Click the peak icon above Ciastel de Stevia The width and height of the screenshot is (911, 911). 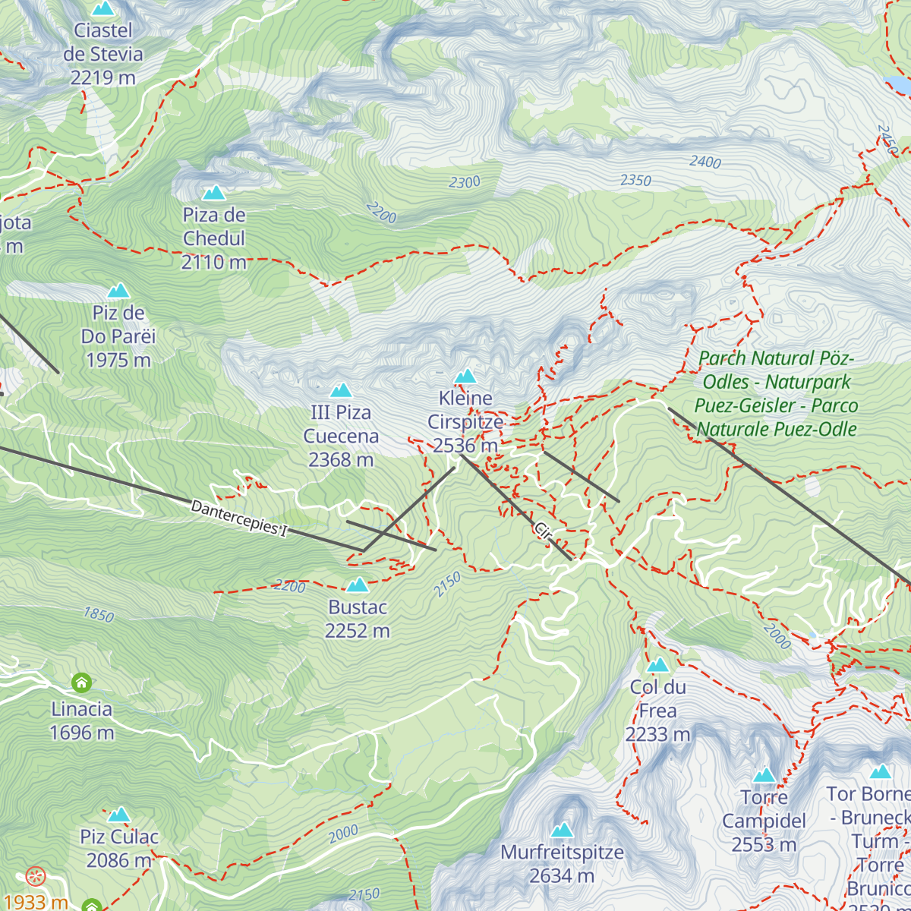(x=102, y=8)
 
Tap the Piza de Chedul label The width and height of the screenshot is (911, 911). (x=214, y=238)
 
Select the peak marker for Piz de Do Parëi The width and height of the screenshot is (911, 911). (x=118, y=291)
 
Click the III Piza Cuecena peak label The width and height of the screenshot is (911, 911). (x=341, y=436)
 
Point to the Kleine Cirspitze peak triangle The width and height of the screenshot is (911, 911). (x=465, y=376)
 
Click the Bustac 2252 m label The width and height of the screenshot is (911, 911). (x=358, y=619)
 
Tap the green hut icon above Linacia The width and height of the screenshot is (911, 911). (x=81, y=682)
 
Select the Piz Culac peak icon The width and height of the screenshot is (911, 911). (x=118, y=815)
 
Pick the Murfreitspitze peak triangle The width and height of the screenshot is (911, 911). (x=562, y=830)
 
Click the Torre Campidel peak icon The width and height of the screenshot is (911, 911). (x=764, y=775)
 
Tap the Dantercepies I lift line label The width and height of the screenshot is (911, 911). (x=239, y=519)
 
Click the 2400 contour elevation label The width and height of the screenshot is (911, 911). (x=705, y=162)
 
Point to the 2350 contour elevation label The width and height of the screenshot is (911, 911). (x=635, y=181)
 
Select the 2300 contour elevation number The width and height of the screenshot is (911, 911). (x=465, y=182)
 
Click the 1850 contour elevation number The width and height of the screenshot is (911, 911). (x=99, y=614)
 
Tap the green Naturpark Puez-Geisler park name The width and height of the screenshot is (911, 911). (x=776, y=393)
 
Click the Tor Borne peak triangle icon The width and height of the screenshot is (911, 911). (x=881, y=772)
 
